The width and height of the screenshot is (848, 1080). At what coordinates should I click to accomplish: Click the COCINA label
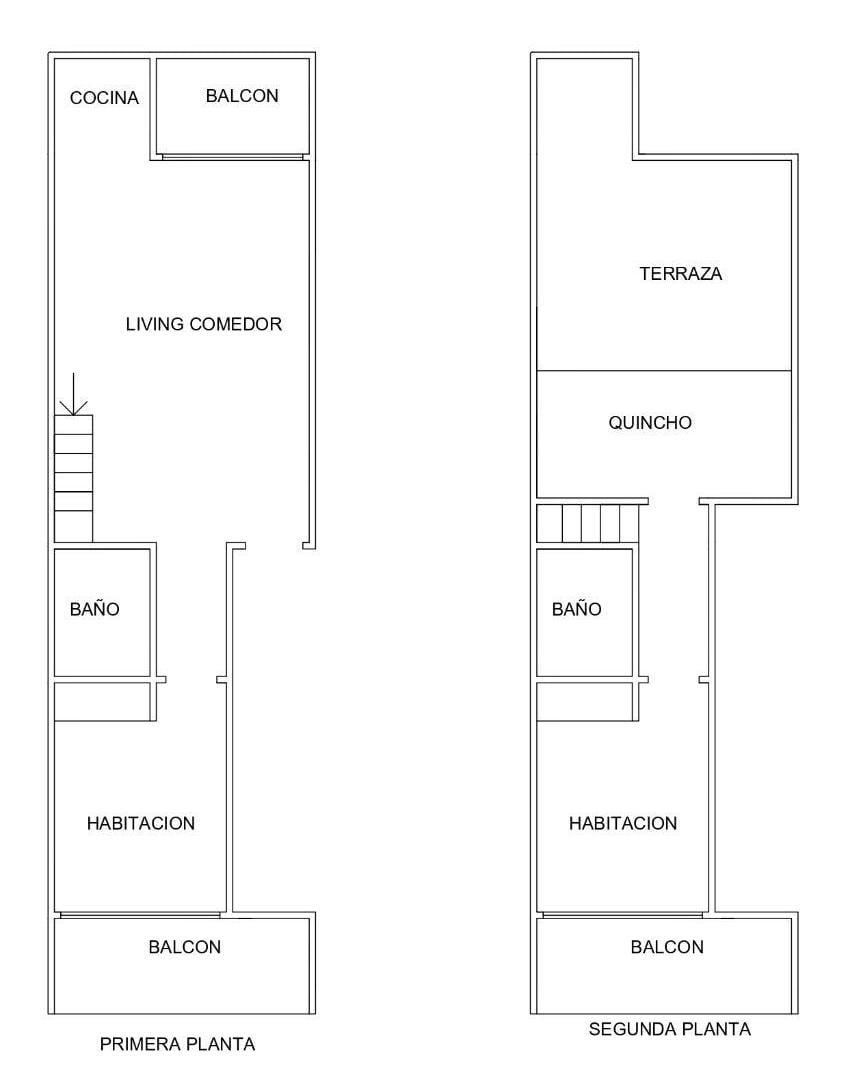click(104, 98)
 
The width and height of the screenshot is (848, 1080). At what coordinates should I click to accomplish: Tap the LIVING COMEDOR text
click(204, 324)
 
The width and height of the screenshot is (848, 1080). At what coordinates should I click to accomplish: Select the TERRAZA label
click(681, 273)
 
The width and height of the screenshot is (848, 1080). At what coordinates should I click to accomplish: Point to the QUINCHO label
click(650, 422)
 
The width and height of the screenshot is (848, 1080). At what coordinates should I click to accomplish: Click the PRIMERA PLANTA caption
click(177, 1044)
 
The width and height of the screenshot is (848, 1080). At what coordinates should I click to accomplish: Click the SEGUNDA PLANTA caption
click(670, 1029)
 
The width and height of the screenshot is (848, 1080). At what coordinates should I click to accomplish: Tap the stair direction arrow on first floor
click(73, 394)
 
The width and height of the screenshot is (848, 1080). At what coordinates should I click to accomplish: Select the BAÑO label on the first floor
click(94, 609)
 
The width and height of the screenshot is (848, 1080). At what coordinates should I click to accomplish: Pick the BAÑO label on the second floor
click(577, 609)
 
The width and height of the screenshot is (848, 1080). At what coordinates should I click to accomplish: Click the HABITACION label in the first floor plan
click(141, 823)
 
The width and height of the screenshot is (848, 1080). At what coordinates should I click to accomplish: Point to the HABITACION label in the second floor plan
click(623, 823)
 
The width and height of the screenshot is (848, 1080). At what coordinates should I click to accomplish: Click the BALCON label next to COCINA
click(242, 96)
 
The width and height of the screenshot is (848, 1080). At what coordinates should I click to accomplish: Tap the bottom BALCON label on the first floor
click(185, 947)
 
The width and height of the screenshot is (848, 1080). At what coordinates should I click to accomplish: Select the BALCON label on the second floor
click(667, 947)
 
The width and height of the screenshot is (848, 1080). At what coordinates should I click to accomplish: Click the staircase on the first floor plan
click(73, 479)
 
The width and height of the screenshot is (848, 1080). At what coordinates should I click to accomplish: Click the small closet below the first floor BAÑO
click(102, 701)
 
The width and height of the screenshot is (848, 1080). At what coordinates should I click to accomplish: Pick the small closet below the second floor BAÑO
click(584, 701)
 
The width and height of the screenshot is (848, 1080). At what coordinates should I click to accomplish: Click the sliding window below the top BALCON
click(232, 157)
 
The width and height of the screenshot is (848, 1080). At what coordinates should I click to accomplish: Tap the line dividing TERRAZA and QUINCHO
click(663, 371)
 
